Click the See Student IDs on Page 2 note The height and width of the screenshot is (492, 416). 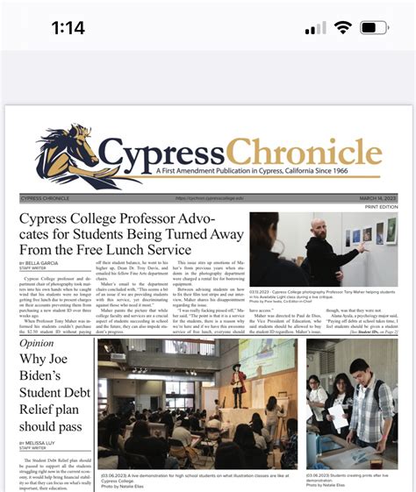374,333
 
